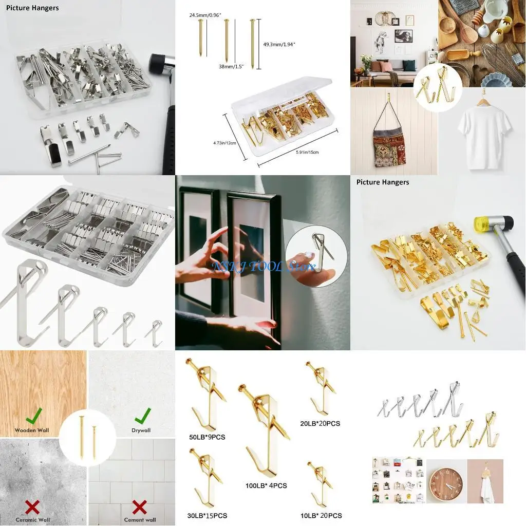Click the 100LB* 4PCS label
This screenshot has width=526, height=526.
pyautogui.click(x=266, y=485)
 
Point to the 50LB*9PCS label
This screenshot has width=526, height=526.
pyautogui.click(x=207, y=437)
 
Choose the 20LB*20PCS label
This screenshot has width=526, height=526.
pyautogui.click(x=320, y=423)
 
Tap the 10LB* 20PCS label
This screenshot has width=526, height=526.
pyautogui.click(x=322, y=515)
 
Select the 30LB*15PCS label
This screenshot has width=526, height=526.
pyautogui.click(x=208, y=515)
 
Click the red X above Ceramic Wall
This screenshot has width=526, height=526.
pyautogui.click(x=32, y=508)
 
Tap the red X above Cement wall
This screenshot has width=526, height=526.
pyautogui.click(x=140, y=508)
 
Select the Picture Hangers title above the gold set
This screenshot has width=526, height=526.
pyautogui.click(x=383, y=182)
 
